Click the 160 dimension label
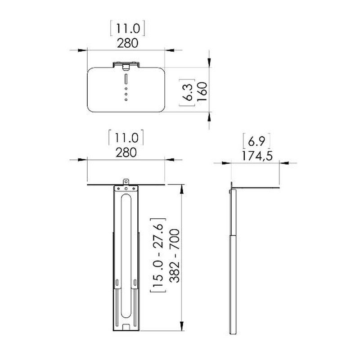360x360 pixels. point(202,91)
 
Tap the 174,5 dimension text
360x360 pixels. point(257,156)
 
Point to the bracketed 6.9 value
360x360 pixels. point(256,142)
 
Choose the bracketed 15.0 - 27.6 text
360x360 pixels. point(158,255)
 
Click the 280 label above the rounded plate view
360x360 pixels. point(128,43)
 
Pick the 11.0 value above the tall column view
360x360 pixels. point(126,138)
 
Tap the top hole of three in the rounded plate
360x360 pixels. point(126,89)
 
